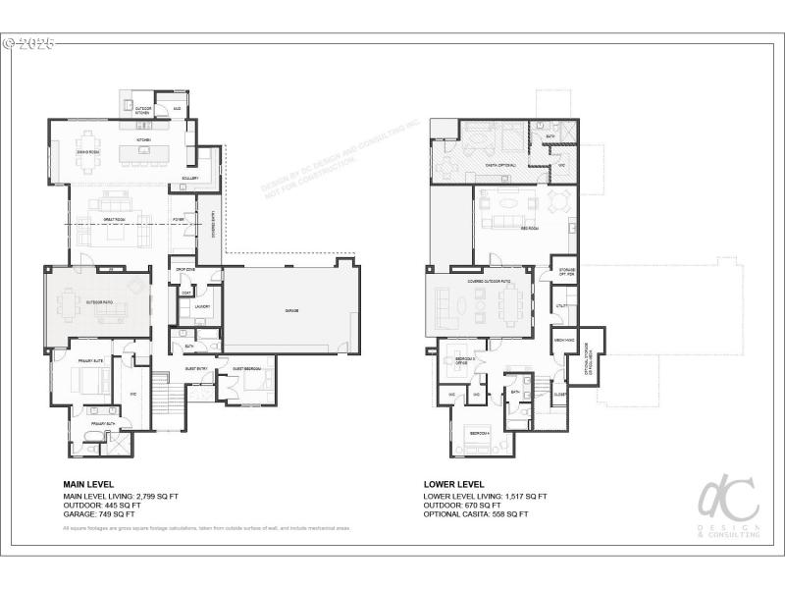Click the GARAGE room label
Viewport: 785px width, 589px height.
(291, 311)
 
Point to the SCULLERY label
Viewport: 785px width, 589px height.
(190, 178)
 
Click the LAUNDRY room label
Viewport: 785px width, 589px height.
(202, 306)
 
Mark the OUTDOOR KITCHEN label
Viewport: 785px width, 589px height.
(142, 111)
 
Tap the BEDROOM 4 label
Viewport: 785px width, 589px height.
(479, 433)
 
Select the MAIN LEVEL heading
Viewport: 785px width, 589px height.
(88, 484)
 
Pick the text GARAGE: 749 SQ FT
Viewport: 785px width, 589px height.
(99, 514)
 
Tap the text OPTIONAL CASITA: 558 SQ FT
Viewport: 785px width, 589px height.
(476, 514)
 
